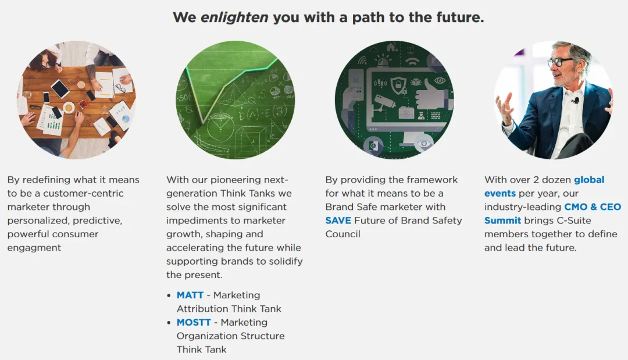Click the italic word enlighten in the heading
coord(234,17)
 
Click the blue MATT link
coord(190,295)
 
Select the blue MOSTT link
coord(194,322)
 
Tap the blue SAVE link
coord(338,220)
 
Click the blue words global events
coord(544,187)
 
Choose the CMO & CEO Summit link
coord(553,214)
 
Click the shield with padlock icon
coord(398,84)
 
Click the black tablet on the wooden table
coord(60,88)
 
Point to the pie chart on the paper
coord(126,119)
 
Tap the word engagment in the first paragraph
coord(34,248)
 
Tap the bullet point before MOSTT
coord(169,323)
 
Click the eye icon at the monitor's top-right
coord(440,80)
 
